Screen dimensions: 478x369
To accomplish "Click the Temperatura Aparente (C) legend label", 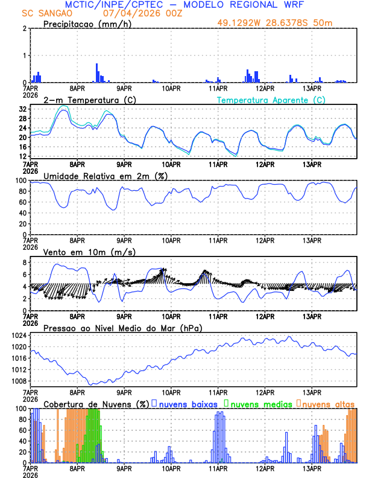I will click(x=271, y=100).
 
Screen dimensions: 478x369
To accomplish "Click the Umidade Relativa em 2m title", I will click(x=105, y=176).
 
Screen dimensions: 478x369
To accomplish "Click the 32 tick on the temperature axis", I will click(x=22, y=109).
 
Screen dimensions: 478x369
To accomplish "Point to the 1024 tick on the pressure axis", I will click(x=18, y=336).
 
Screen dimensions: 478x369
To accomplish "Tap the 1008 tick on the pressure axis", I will click(x=18, y=381).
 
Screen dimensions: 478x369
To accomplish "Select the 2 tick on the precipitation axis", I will click(x=25, y=28).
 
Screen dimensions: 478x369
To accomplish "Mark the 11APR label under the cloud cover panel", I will click(x=218, y=468).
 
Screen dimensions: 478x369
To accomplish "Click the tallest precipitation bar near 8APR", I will click(x=96, y=73).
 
